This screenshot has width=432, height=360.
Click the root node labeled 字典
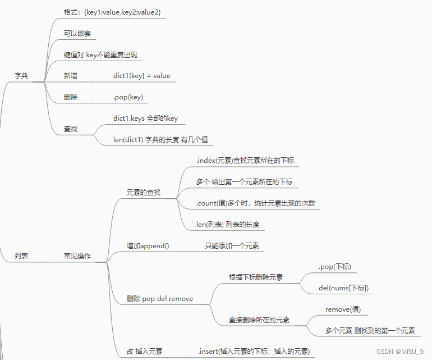click(x=21, y=75)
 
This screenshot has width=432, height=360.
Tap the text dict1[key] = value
click(x=141, y=75)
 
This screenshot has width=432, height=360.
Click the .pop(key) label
click(x=128, y=97)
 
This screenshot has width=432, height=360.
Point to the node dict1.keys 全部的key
click(x=145, y=119)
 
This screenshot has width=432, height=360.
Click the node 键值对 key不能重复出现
click(x=100, y=55)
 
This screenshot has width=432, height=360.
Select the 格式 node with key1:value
click(x=116, y=12)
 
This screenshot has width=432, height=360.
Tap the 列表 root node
click(x=21, y=256)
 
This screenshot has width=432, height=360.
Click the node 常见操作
click(x=77, y=256)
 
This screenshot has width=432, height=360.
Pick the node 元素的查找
click(x=144, y=193)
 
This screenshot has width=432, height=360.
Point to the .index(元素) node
click(x=245, y=161)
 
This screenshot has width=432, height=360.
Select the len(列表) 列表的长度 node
click(x=228, y=224)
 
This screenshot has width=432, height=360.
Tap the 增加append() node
click(x=148, y=245)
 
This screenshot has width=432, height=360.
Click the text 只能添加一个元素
click(x=232, y=245)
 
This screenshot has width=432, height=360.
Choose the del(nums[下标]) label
click(x=343, y=288)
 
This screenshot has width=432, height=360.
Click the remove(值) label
click(x=343, y=309)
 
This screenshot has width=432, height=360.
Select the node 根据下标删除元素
click(x=256, y=277)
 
